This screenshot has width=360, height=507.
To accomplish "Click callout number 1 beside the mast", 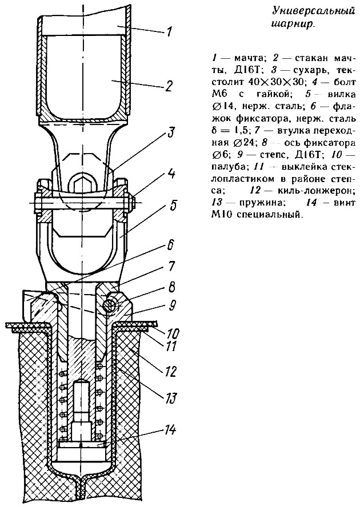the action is coord(169,33).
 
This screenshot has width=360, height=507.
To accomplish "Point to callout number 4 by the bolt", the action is coord(171,175).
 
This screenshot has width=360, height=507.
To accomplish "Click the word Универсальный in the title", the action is coord(312,11).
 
